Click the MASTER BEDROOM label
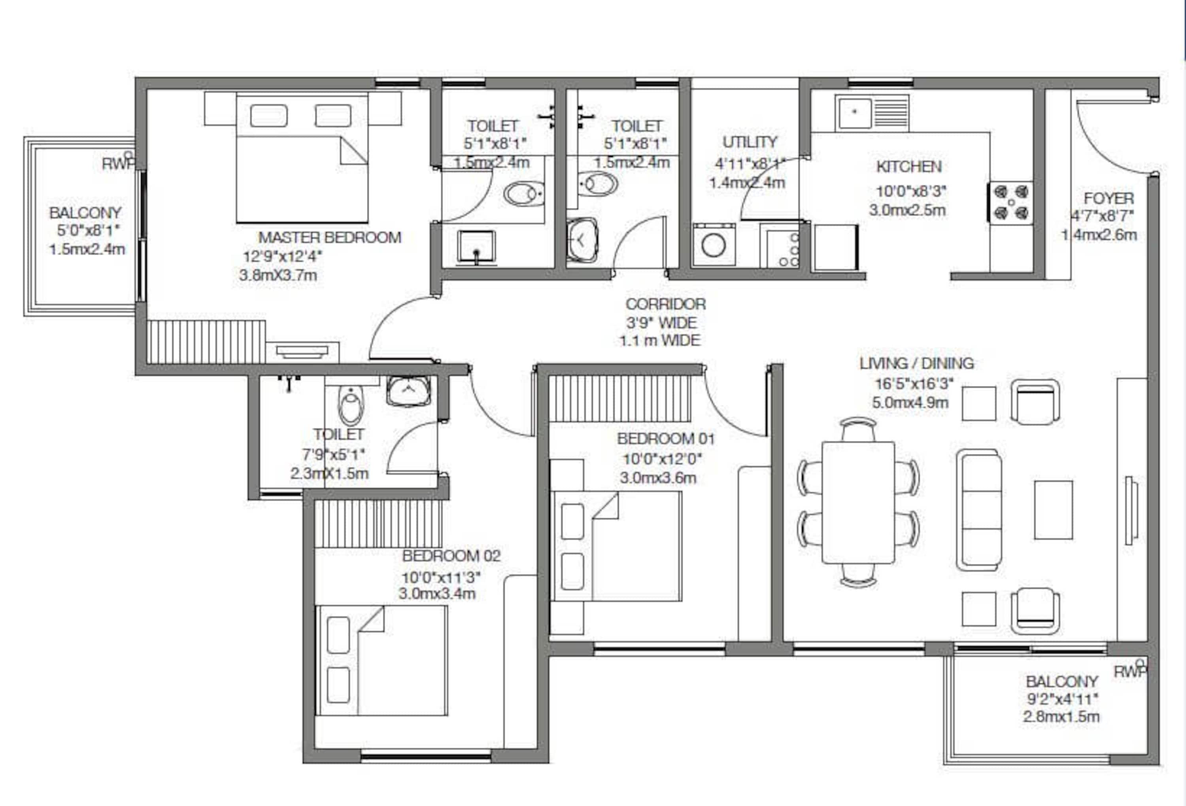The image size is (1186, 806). pyautogui.click(x=330, y=237)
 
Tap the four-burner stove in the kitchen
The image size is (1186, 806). pyautogui.click(x=1011, y=202)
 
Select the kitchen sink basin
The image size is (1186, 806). pyautogui.click(x=854, y=112)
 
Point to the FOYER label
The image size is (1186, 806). pyautogui.click(x=1109, y=198)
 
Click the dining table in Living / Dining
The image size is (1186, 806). pyautogui.click(x=858, y=502)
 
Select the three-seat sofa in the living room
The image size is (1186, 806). pyautogui.click(x=978, y=509)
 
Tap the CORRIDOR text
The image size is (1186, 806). pyautogui.click(x=665, y=304)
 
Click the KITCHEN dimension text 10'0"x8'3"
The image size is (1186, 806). pyautogui.click(x=910, y=191)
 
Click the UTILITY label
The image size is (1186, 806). pyautogui.click(x=750, y=142)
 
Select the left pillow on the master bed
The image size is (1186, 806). pyautogui.click(x=268, y=116)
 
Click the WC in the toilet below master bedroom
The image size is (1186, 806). pyautogui.click(x=351, y=406)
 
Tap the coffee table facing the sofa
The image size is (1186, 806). pyautogui.click(x=1053, y=509)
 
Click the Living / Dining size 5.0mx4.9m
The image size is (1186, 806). pyautogui.click(x=910, y=403)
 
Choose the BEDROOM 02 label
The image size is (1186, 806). pyautogui.click(x=451, y=556)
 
